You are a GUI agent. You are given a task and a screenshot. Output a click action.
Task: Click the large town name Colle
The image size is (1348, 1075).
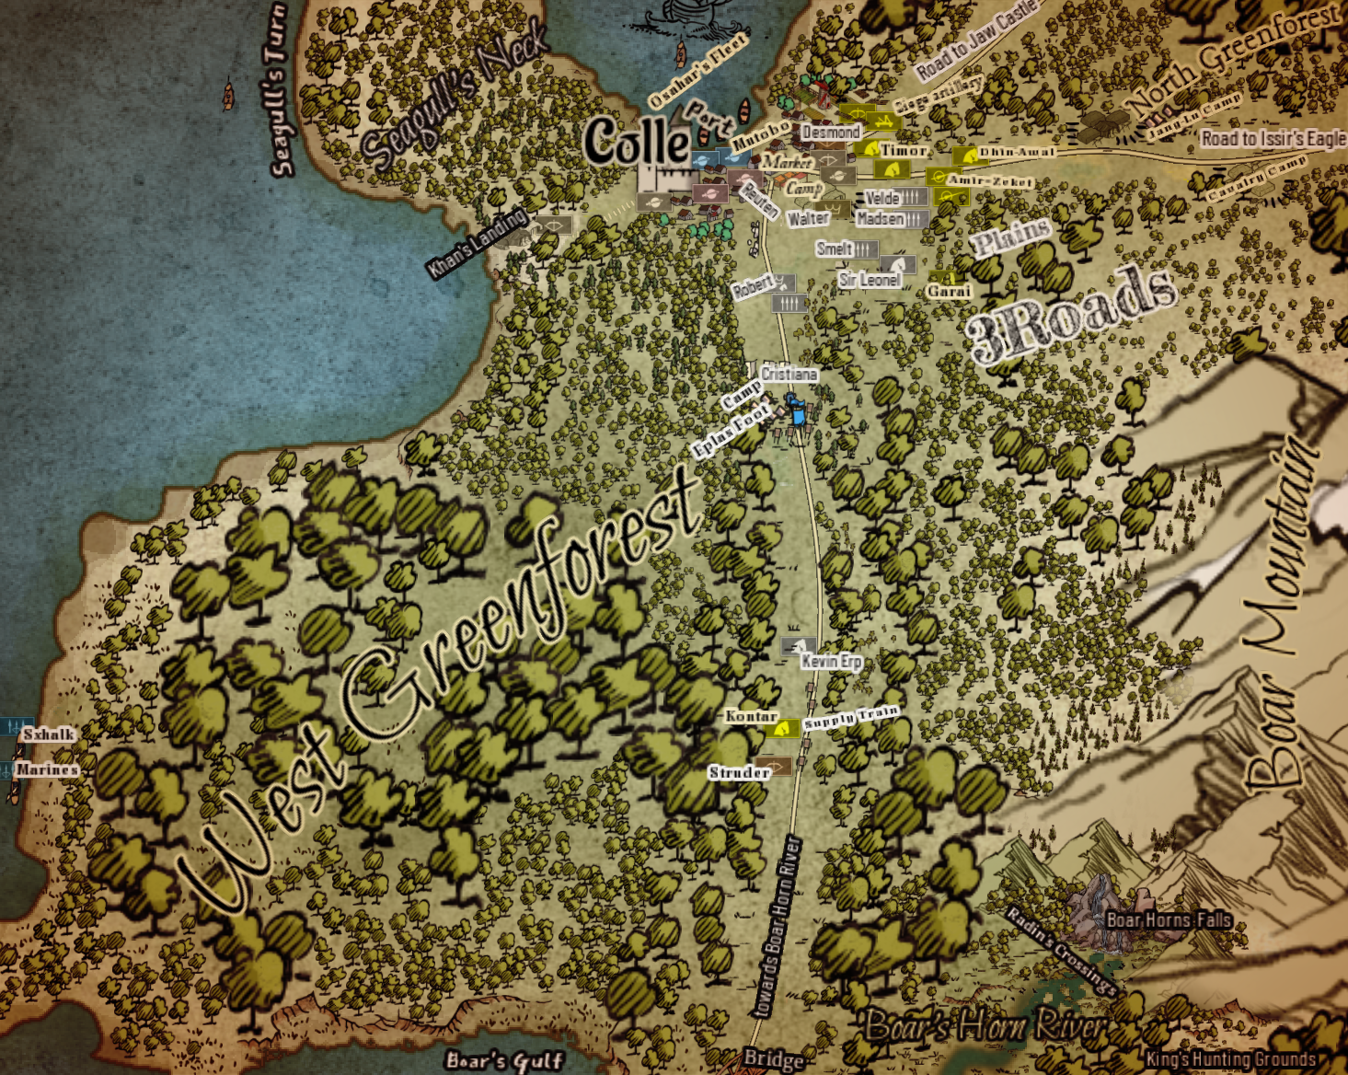[x=637, y=141]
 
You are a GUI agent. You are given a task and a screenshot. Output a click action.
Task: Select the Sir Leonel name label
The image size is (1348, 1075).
[x=870, y=280]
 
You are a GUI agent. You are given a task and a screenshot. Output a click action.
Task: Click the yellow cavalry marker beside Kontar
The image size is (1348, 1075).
[x=784, y=729]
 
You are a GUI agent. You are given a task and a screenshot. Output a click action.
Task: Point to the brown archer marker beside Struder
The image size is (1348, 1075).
[x=777, y=766]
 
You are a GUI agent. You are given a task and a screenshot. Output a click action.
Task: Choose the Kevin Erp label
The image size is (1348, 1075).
[x=831, y=661]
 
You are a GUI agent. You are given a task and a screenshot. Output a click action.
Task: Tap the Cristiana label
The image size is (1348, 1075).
[x=789, y=374]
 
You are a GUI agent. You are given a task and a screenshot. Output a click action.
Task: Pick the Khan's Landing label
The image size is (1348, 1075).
[x=476, y=243]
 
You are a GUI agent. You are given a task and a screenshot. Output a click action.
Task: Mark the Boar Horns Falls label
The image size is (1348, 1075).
[x=1168, y=919]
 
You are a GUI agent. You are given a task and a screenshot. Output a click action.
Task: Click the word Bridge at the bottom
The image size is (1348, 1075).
[x=773, y=1059]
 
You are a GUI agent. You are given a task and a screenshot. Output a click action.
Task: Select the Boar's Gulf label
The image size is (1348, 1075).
[x=504, y=1061]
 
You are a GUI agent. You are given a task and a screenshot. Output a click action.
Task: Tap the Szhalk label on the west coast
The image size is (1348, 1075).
[x=49, y=734]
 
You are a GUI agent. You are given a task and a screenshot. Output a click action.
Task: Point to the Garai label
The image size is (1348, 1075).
[x=949, y=291]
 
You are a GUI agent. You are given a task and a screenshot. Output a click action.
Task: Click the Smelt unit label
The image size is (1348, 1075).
[x=834, y=249]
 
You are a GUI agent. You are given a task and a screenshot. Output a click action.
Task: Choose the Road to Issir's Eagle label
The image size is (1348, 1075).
[x=1273, y=139]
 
